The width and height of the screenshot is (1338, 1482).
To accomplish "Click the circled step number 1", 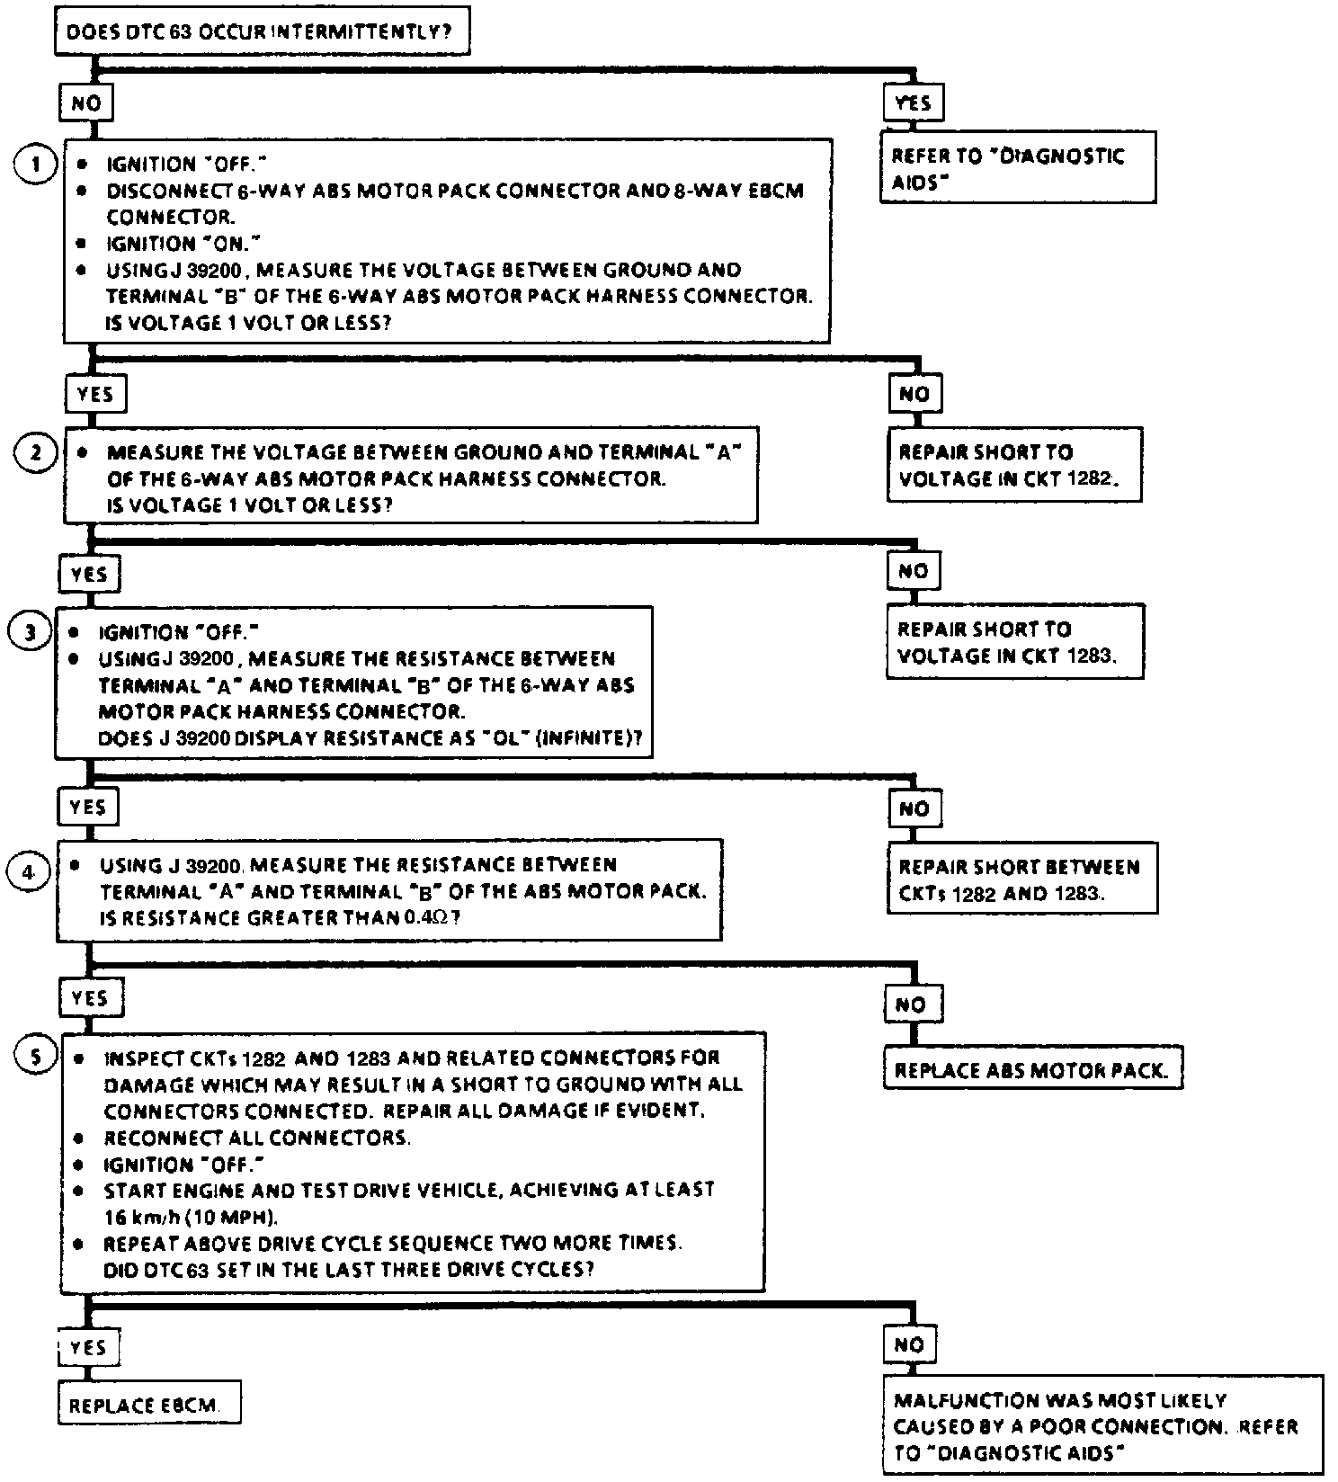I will click(36, 165).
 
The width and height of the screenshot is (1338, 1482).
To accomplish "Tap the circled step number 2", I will click(36, 452).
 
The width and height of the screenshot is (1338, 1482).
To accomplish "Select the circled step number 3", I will click(31, 632).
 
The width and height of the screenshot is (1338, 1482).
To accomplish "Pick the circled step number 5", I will click(36, 1057).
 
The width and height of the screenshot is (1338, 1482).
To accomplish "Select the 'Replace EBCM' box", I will click(149, 1405).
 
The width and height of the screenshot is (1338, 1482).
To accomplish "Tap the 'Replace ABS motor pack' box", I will click(1032, 1070).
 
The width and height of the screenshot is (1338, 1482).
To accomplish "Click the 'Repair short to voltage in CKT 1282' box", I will click(1014, 465).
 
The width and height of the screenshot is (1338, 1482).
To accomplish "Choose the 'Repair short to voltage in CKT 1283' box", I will click(1014, 642).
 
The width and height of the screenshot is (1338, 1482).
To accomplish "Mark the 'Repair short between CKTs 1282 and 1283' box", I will click(1021, 879).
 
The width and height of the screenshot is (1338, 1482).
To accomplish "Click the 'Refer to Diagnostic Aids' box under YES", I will click(1016, 168).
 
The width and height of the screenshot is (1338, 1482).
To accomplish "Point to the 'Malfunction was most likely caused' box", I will click(1102, 1426).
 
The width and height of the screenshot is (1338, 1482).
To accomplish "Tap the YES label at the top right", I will click(914, 103).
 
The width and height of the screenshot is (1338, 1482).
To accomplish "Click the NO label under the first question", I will click(85, 103).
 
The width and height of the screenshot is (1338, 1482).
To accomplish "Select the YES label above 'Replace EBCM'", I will click(87, 1347).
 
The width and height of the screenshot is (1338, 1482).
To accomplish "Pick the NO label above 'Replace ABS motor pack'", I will click(910, 1004).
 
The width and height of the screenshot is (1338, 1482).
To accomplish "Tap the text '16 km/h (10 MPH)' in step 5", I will click(191, 1218).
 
